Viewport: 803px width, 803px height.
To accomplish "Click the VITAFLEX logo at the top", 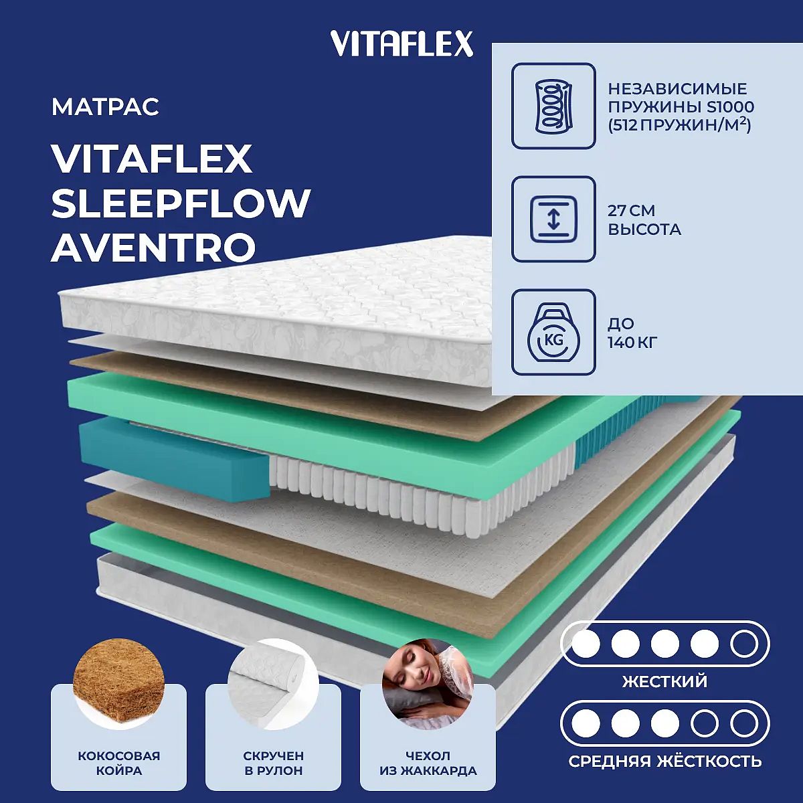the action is [x=401, y=43].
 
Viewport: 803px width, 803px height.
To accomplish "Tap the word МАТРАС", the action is [x=105, y=106].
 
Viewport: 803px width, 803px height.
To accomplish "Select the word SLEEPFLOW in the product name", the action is [x=181, y=203].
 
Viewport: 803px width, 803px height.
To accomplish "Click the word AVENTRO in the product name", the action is [x=153, y=247].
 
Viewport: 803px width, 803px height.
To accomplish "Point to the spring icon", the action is [x=553, y=106].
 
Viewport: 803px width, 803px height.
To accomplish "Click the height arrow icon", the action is [x=553, y=219].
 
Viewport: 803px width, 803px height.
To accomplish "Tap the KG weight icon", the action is [x=553, y=332].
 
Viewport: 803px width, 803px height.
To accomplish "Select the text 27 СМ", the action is [x=631, y=211].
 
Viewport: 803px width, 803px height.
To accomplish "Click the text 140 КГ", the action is [x=632, y=343].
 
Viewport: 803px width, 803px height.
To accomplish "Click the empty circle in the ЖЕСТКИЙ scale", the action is [x=743, y=644].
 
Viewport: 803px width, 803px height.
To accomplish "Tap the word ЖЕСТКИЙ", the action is [x=664, y=682].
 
